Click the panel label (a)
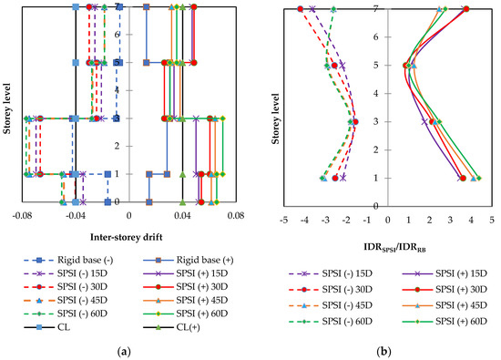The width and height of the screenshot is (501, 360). tap(125, 350)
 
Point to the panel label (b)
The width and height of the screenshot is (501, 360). tap(381, 350)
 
